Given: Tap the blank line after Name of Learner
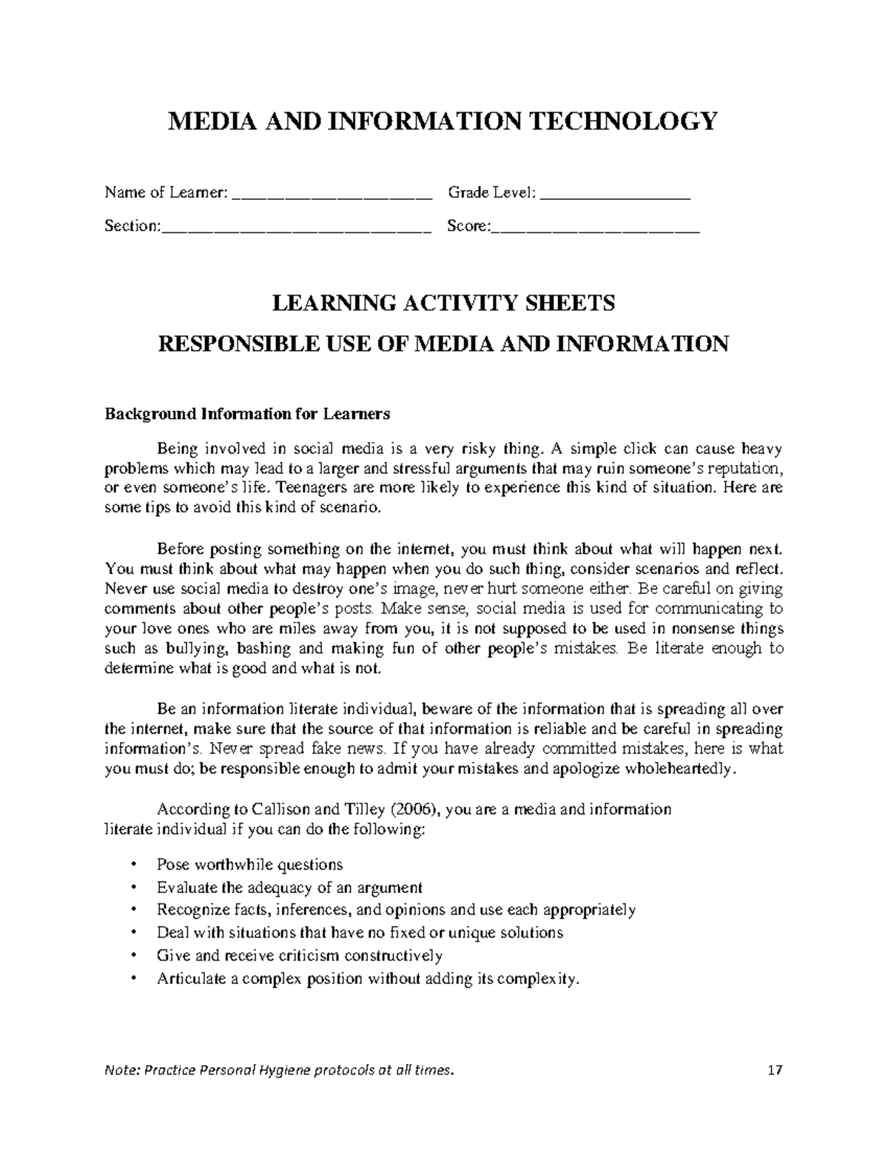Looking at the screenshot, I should coord(332,196).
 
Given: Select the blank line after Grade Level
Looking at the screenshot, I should coord(616,196).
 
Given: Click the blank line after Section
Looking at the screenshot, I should coord(296,230).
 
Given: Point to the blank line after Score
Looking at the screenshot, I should coord(595,230).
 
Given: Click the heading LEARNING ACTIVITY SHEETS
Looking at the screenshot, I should coord(444,303).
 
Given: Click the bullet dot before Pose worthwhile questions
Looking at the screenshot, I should coord(133,865).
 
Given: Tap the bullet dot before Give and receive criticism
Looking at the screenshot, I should coord(133,956).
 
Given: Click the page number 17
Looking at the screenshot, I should coord(775,1070).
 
